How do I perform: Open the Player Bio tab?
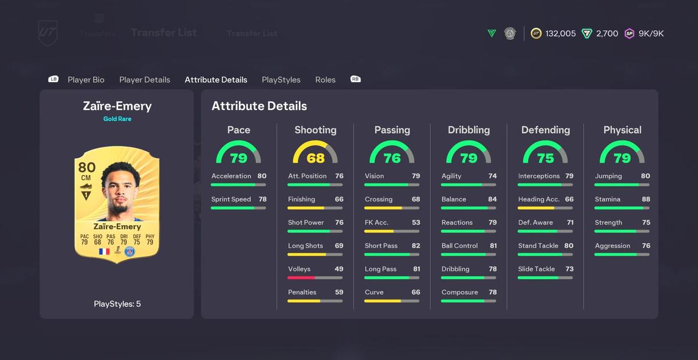(x=86, y=80)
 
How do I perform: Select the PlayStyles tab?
(x=281, y=80)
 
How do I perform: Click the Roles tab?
(x=325, y=80)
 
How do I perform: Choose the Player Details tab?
(x=145, y=80)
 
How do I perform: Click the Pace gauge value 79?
(x=238, y=158)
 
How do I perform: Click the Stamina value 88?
(x=646, y=199)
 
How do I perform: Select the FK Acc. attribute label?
(x=376, y=223)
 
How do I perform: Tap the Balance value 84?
(x=492, y=199)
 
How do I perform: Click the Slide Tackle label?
(x=536, y=269)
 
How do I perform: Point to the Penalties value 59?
(x=339, y=293)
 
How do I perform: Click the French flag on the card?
(x=104, y=251)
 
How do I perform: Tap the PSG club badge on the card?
(x=129, y=251)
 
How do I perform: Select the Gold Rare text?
(x=117, y=119)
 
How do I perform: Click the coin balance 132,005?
(x=560, y=34)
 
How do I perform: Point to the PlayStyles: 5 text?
(x=117, y=304)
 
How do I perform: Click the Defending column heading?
(x=546, y=130)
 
